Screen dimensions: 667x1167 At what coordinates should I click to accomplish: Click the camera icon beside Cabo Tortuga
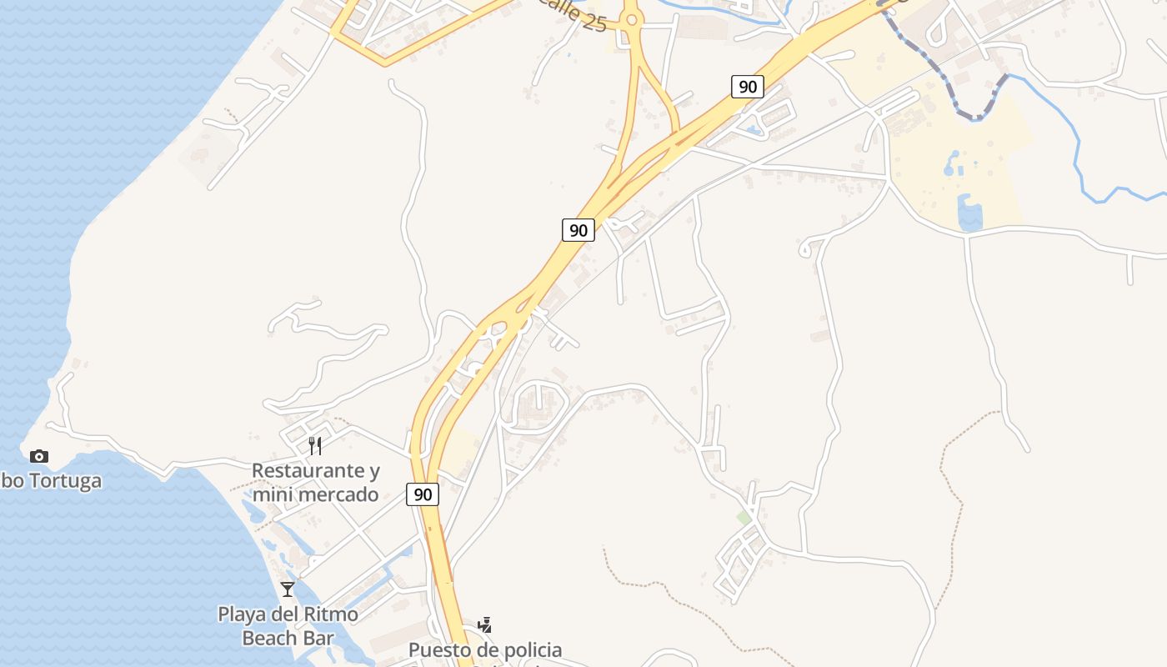[39, 456]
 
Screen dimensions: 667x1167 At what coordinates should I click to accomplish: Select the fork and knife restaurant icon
[315, 445]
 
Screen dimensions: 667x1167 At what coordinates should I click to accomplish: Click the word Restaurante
[298, 471]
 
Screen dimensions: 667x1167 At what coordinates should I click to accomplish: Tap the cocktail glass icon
[288, 589]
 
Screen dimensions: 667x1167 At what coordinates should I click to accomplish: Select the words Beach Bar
[288, 639]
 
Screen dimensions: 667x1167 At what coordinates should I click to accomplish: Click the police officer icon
[484, 624]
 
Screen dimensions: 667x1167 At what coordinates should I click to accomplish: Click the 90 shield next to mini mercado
[423, 494]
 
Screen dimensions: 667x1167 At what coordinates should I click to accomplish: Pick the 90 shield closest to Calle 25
[748, 86]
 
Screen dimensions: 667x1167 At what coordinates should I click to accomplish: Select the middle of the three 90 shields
[578, 230]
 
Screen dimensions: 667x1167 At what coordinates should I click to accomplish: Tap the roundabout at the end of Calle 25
[631, 19]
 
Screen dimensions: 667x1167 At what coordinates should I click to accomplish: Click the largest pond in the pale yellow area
[969, 215]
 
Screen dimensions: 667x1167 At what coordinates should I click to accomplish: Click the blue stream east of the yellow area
[1079, 158]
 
